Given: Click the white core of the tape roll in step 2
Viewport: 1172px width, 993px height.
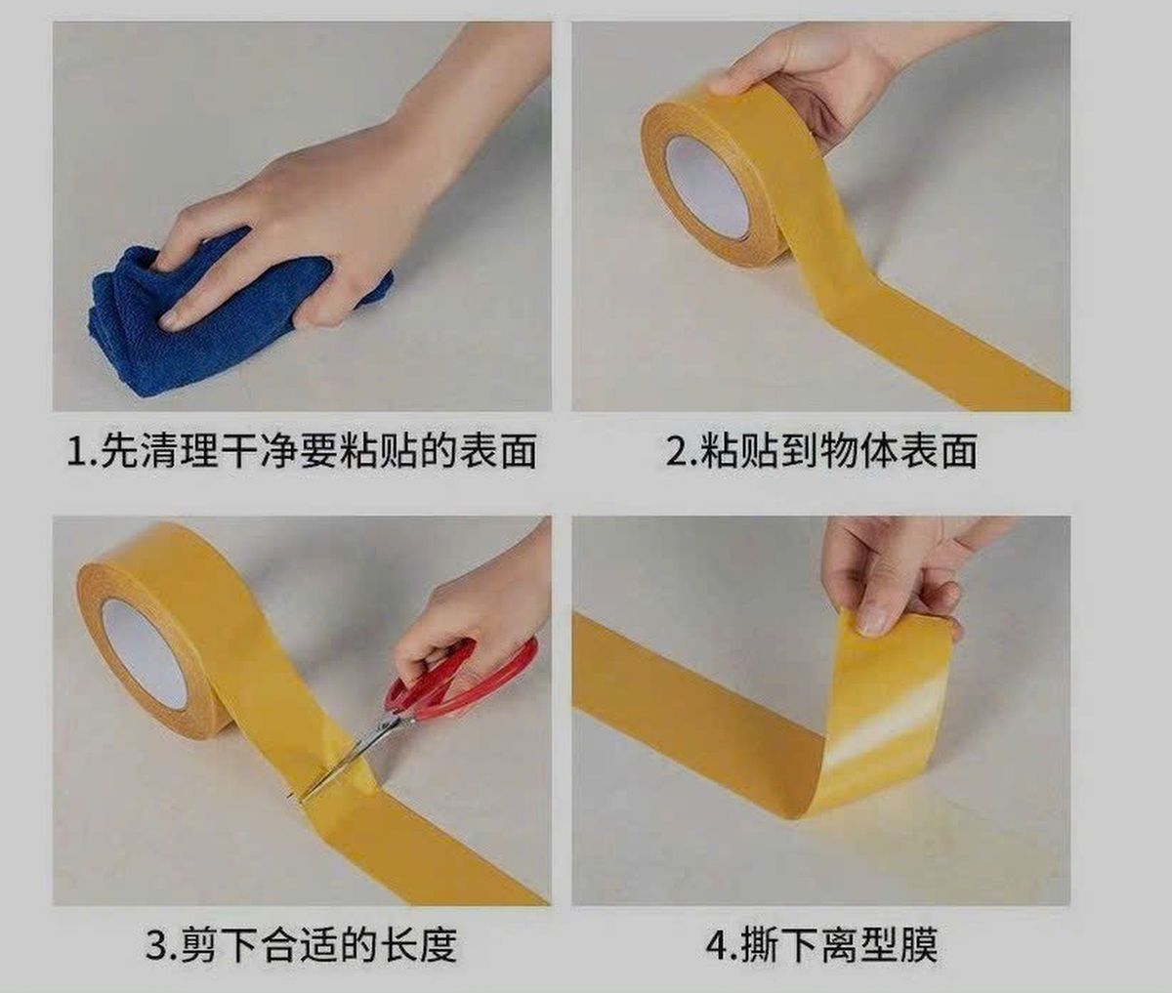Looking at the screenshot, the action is tap(707, 187).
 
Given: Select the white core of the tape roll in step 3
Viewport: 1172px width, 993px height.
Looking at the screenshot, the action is tap(145, 653).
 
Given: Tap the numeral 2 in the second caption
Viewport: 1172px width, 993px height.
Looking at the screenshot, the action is tap(677, 452).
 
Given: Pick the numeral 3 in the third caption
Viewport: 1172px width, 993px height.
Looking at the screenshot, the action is tap(155, 945).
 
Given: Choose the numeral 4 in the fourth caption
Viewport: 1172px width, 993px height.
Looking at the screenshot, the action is tap(719, 945).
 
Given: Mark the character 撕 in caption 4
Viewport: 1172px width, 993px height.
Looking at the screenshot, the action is tap(761, 945).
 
